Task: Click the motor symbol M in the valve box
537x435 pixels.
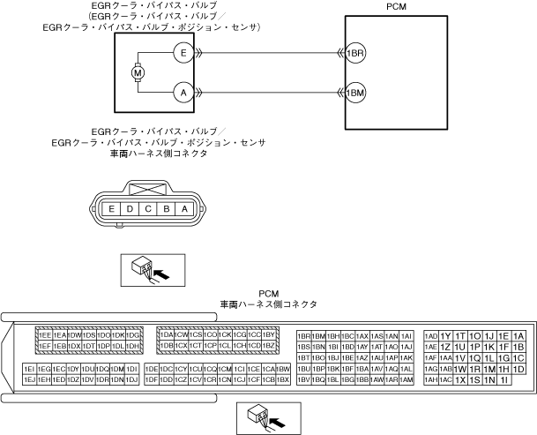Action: tap(138, 72)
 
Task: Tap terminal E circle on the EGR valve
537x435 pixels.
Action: tap(183, 53)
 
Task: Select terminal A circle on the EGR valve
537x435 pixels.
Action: tap(183, 92)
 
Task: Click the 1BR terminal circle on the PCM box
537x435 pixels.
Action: tap(355, 53)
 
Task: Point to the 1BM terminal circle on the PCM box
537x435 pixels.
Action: tap(355, 92)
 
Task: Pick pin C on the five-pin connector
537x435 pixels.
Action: tap(148, 209)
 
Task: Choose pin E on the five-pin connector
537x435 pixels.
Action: tap(112, 209)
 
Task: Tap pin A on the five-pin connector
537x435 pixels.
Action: tap(184, 209)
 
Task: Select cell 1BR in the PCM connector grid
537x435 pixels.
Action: tap(304, 336)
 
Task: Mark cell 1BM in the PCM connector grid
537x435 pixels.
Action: tap(319, 336)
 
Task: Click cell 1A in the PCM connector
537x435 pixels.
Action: tap(518, 336)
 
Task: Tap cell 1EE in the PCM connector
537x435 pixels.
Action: tap(45, 335)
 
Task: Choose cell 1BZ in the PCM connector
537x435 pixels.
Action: tap(270, 346)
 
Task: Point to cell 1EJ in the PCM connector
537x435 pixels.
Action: tap(30, 379)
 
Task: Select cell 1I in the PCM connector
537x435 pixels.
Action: tap(503, 379)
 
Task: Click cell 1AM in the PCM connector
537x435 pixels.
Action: tap(406, 379)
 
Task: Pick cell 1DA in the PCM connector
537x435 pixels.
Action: tap(167, 335)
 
